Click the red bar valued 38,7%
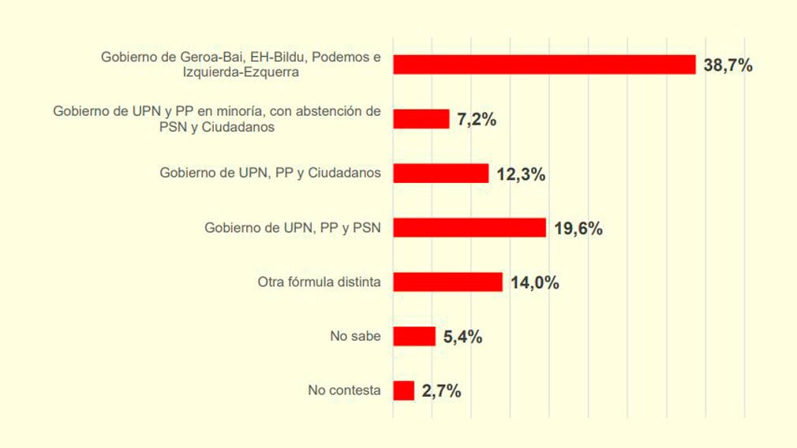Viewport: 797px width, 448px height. click(x=544, y=65)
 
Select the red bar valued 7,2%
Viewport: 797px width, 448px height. click(x=421, y=119)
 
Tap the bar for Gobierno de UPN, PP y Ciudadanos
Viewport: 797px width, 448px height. click(x=441, y=174)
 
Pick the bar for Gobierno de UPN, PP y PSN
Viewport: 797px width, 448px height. click(x=470, y=228)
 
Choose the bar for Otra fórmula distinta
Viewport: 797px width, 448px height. click(x=447, y=282)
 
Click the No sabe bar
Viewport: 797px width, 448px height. click(x=414, y=336)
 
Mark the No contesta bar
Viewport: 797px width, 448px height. click(x=404, y=390)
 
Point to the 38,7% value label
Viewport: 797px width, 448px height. click(x=728, y=65)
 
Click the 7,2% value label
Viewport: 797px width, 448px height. click(x=476, y=120)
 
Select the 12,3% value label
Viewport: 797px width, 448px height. click(x=521, y=174)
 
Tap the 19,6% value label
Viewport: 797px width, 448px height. click(x=578, y=229)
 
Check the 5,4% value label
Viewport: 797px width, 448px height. click(x=462, y=337)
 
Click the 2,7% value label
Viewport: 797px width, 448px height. click(x=441, y=391)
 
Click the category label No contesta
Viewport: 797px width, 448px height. click(x=344, y=390)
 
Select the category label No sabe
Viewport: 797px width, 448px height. click(x=355, y=336)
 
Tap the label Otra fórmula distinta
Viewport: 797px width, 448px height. click(x=320, y=282)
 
